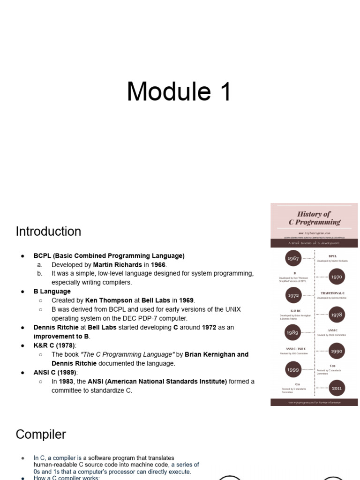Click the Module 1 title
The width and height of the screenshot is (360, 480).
tap(180, 91)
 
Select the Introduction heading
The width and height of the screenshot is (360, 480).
tap(48, 232)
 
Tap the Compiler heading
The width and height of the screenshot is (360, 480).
tap(41, 435)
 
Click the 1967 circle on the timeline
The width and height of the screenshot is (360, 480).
tap(293, 259)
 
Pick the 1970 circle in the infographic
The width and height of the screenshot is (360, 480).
tap(337, 277)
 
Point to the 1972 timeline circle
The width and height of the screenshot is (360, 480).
tap(293, 296)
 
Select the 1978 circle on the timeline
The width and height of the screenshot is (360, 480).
tap(337, 315)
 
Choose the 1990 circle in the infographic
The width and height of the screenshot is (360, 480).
tap(337, 351)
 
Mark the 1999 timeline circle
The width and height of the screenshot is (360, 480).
tap(293, 370)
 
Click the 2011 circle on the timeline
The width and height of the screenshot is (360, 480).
tap(337, 388)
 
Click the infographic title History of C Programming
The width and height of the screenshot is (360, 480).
tap(314, 218)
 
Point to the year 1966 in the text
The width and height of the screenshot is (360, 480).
tap(158, 265)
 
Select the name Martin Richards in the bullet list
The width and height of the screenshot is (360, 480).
tap(117, 265)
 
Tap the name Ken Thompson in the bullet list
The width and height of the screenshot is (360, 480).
tap(108, 300)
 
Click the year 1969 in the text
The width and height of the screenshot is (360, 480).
tap(187, 300)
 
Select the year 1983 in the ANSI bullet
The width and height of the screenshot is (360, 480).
tap(66, 382)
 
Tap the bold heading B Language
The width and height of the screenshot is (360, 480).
tap(52, 292)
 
